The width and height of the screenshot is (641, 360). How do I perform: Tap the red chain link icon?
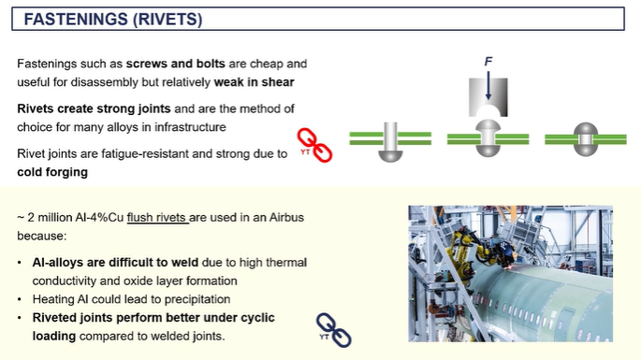click(x=315, y=145)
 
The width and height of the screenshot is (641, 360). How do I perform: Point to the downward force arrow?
click(x=488, y=84)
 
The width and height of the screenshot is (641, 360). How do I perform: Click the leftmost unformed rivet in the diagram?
click(x=390, y=143)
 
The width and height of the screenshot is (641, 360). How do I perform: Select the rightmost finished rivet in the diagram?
click(x=585, y=138)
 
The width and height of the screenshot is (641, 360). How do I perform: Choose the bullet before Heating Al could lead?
click(x=21, y=298)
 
